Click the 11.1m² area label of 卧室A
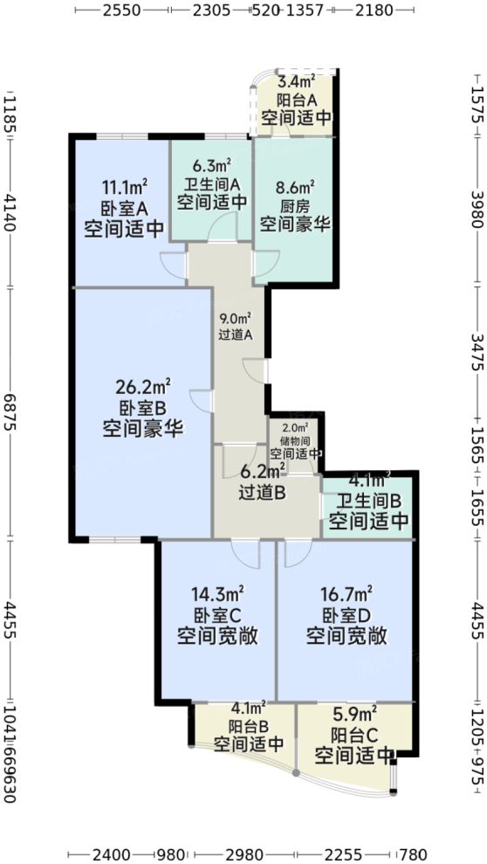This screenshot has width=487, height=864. point(125,187)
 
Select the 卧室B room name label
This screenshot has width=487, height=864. point(142,408)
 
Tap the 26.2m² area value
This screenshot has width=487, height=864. point(142,387)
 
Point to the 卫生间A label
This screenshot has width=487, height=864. point(211,183)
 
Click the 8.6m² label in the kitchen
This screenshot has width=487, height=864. point(295,187)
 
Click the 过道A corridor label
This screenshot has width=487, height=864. point(235,335)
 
